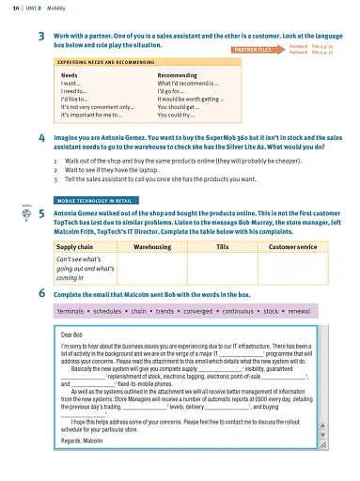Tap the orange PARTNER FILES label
(x=253, y=47)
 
